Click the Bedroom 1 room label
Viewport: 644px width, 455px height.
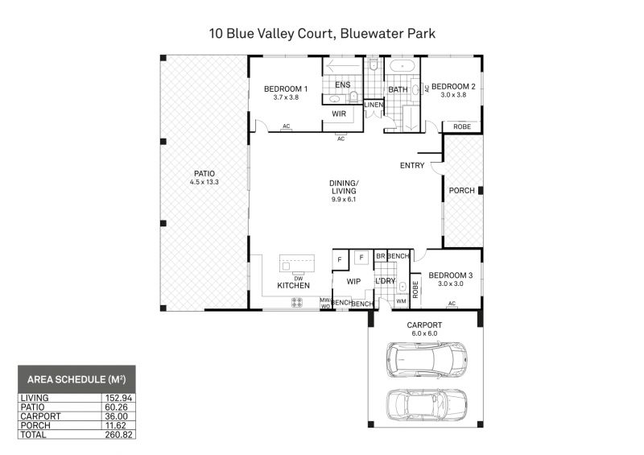[x=286, y=89]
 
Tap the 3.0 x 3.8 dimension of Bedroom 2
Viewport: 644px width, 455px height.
[x=453, y=94]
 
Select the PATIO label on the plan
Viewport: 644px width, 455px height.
[x=204, y=174]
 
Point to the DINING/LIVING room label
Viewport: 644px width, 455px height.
[x=344, y=187]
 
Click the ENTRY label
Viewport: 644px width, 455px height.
[x=412, y=165]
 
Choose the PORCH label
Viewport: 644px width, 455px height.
[x=461, y=191]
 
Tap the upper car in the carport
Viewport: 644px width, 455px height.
[x=427, y=360]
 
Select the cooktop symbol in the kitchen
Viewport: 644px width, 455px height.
[x=297, y=303]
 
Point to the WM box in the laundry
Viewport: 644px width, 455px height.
[x=401, y=301]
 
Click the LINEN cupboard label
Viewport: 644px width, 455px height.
[x=374, y=105]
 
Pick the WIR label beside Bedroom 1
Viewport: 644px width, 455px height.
[x=339, y=114]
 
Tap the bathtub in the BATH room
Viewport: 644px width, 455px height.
[x=402, y=66]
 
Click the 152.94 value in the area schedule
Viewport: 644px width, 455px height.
[x=118, y=398]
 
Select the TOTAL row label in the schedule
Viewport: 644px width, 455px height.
[x=33, y=435]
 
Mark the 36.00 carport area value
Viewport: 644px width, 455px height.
[x=116, y=416]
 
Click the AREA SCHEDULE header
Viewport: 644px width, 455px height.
[x=76, y=379]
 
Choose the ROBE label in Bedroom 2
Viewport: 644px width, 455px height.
[x=462, y=127]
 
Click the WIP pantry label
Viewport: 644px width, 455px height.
[x=353, y=282]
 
